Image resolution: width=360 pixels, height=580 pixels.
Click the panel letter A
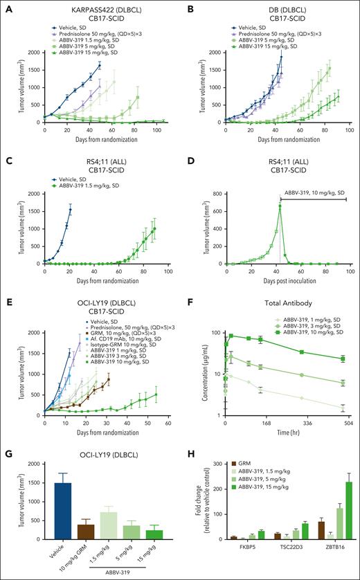pos(5,6)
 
